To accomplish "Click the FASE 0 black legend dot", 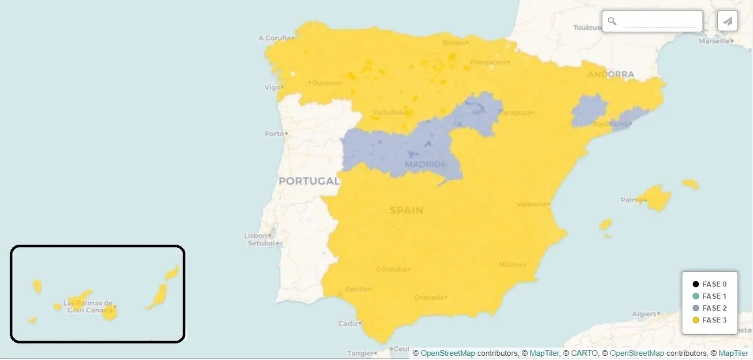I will [x=695, y=285].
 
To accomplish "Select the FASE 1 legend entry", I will [x=710, y=296].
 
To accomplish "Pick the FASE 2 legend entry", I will [x=710, y=308].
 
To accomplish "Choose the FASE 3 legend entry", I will [x=710, y=320].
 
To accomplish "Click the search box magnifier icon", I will [x=612, y=21].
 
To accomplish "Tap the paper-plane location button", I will [x=728, y=21].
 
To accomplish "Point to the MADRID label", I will [x=423, y=164].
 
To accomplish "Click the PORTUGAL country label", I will [x=309, y=181].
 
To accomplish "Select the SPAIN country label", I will [x=406, y=211].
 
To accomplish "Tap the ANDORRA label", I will [x=611, y=75].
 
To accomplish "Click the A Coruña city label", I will [x=275, y=38].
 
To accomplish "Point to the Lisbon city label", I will [x=256, y=236].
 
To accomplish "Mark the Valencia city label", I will [x=531, y=204].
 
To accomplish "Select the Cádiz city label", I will [x=348, y=324].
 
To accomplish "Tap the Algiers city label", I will [x=644, y=314].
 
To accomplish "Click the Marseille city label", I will [x=713, y=41].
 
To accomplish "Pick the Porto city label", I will [x=274, y=134].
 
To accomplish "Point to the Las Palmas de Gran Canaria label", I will [x=88, y=306].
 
